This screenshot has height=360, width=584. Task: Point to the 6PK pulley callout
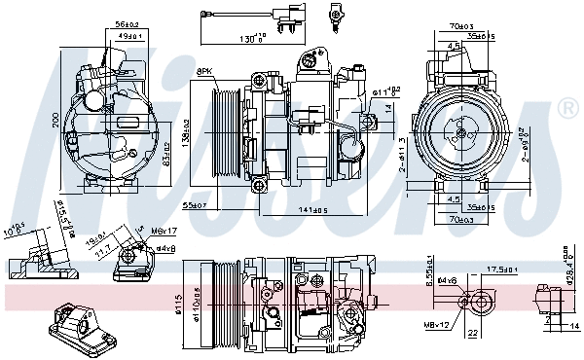point(205,72)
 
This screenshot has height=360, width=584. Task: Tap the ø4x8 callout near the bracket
point(164,249)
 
